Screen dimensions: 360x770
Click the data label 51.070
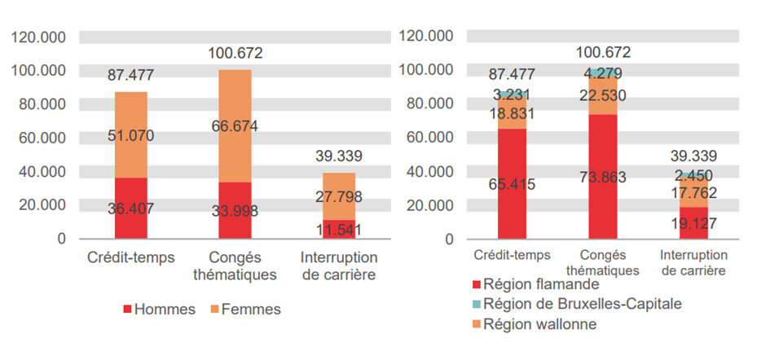coord(130,135)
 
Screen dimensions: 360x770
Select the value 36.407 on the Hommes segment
coord(130,209)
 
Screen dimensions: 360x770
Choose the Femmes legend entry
coord(245,310)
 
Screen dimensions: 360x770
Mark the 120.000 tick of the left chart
coord(38,37)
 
